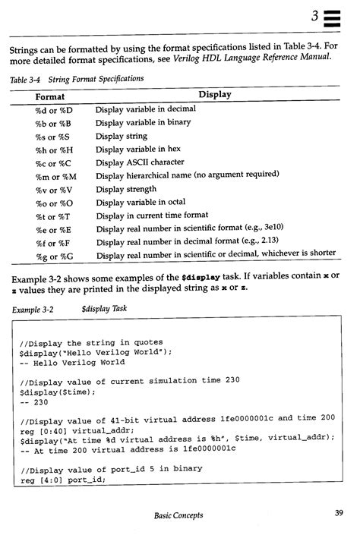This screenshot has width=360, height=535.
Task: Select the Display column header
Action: pos(215,95)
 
